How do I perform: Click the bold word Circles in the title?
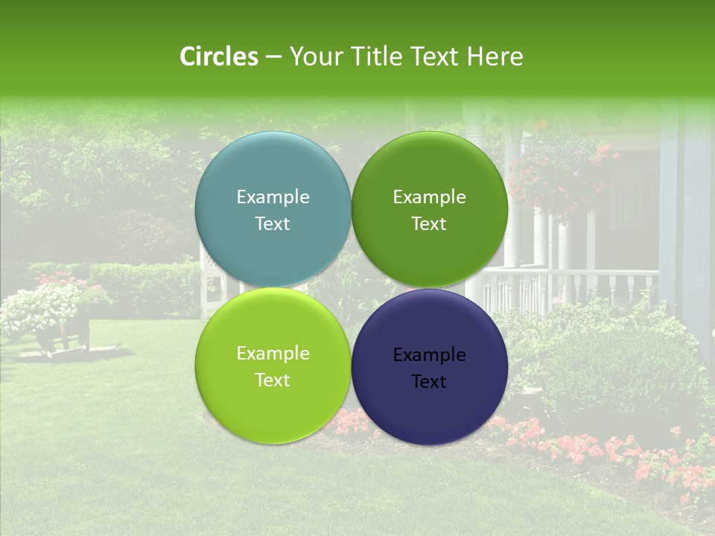219,57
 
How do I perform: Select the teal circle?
273,209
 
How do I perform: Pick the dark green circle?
429,209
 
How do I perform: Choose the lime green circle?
273,366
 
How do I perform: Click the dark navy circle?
429,366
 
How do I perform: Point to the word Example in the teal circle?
273,197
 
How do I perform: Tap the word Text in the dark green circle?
429,223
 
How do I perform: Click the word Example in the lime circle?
273,353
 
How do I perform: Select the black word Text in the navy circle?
429,381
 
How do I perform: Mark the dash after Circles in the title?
273,57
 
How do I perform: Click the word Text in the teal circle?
273,223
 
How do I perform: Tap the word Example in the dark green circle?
429,197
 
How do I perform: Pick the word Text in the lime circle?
273,380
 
